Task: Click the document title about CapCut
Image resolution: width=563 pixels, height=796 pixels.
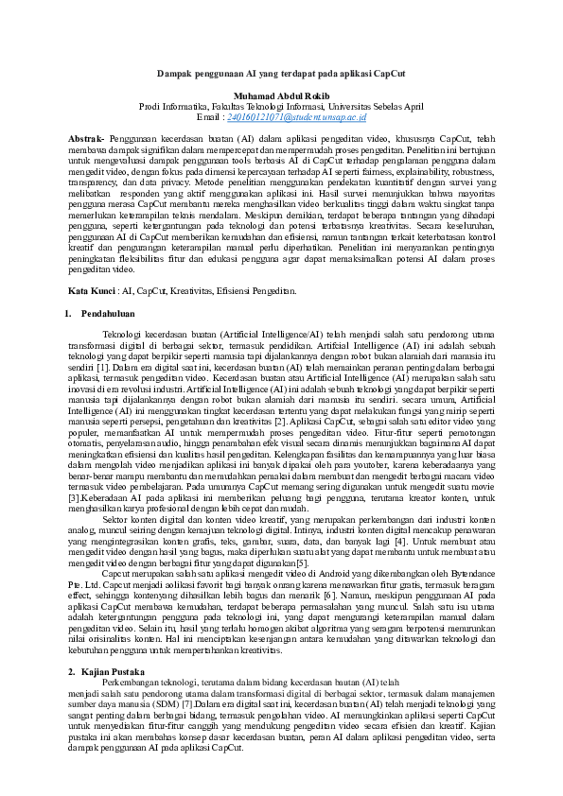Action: click(281, 73)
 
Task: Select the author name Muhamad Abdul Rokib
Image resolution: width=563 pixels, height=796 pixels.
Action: click(281, 95)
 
